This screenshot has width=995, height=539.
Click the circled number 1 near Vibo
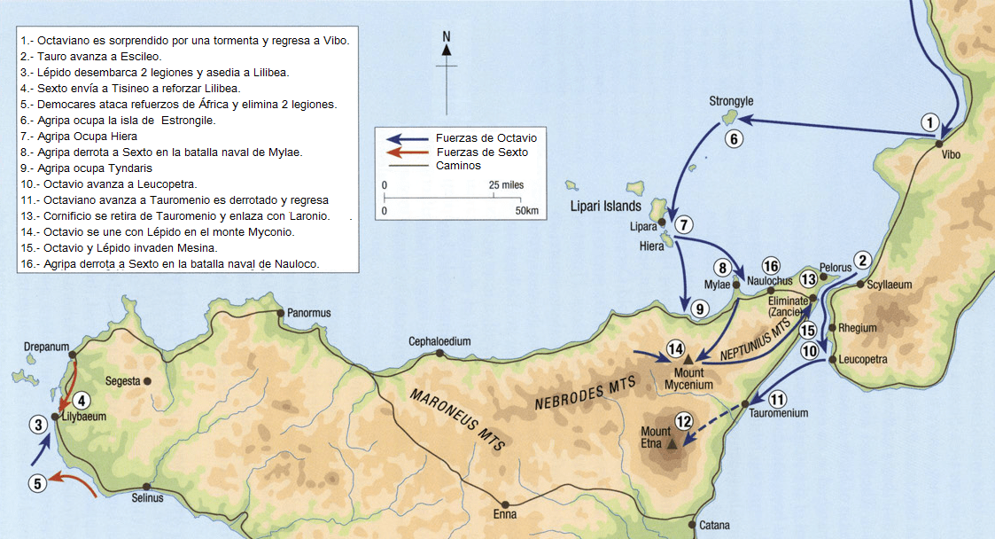[929, 121]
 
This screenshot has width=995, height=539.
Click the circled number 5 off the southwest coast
[36, 484]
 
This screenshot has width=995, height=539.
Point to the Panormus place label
[309, 313]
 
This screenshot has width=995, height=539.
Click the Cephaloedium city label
[439, 341]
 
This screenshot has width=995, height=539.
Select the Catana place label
[714, 526]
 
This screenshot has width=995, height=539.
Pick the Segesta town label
[122, 381]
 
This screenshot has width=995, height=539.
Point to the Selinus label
[147, 498]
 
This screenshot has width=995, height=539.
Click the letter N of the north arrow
[447, 36]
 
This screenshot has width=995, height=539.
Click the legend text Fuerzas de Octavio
[486, 138]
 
